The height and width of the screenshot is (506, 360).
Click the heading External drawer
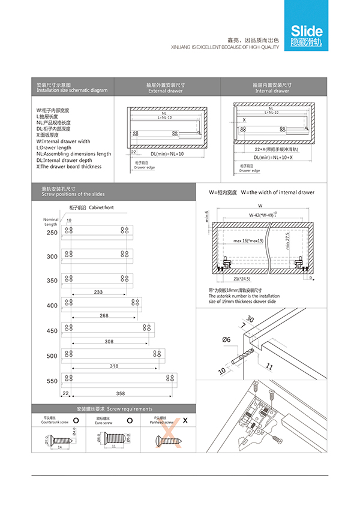(x=165, y=91)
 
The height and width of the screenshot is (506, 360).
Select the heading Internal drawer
(x=272, y=91)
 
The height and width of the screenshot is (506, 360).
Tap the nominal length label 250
(x=52, y=232)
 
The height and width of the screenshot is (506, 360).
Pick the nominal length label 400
(x=52, y=306)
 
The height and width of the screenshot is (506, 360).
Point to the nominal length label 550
(x=52, y=381)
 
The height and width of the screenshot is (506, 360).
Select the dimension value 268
(x=104, y=315)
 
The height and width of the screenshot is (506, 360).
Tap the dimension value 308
(x=109, y=341)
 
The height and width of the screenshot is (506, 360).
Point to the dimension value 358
(x=120, y=393)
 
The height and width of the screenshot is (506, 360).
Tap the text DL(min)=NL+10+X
(x=274, y=157)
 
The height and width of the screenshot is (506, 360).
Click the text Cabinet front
(x=101, y=207)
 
